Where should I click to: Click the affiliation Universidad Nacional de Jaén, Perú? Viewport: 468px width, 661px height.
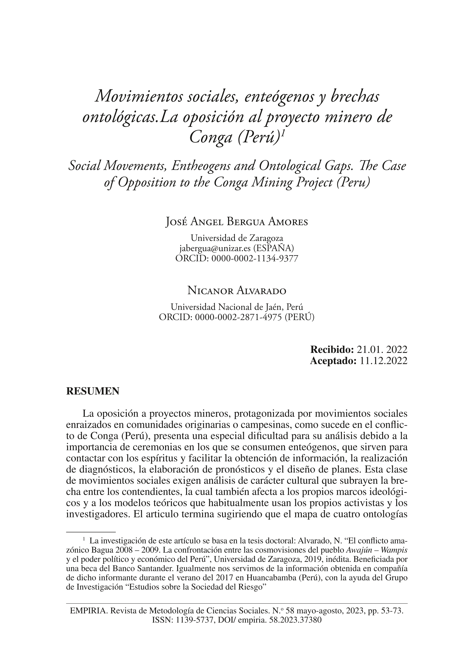(x=237, y=307)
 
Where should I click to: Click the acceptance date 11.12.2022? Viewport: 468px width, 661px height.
(x=384, y=361)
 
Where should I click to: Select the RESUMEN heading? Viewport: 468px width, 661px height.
(x=93, y=391)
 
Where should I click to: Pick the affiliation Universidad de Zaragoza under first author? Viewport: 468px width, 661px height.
(x=237, y=238)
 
